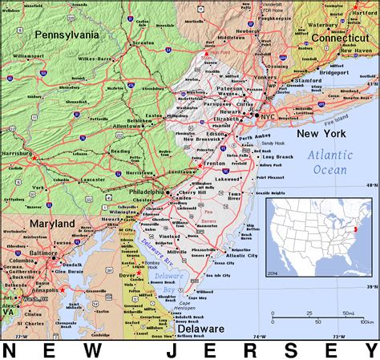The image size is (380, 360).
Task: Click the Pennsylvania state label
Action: [x=67, y=34]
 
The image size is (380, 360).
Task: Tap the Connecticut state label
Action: [x=339, y=38]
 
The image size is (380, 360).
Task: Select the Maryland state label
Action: [x=52, y=223]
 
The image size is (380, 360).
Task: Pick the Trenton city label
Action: [x=214, y=163]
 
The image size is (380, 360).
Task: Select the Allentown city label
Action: [x=127, y=127]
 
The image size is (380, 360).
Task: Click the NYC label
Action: [x=268, y=116]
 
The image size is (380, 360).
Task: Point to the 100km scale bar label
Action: [x=365, y=321]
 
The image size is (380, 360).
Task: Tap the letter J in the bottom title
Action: [x=172, y=351]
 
